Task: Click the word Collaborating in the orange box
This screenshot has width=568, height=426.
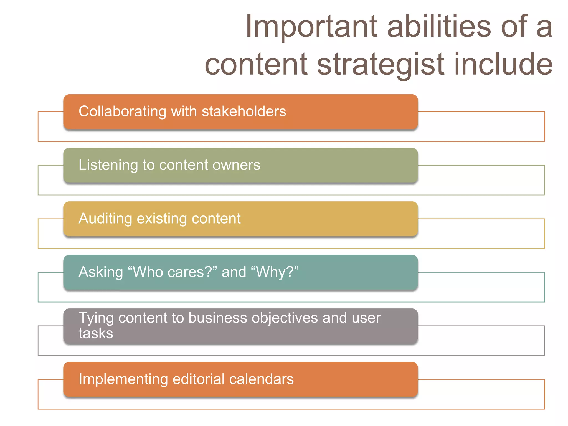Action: point(122,112)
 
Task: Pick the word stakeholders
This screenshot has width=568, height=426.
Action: point(244,111)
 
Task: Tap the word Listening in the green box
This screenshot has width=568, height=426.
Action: point(108,165)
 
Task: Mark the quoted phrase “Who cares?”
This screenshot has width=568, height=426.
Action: point(172,272)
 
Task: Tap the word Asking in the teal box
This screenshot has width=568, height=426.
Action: point(101,272)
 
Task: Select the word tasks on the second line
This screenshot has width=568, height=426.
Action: point(96,333)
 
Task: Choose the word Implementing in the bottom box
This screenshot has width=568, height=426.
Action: point(123,379)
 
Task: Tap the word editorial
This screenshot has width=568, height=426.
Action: point(198,379)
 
